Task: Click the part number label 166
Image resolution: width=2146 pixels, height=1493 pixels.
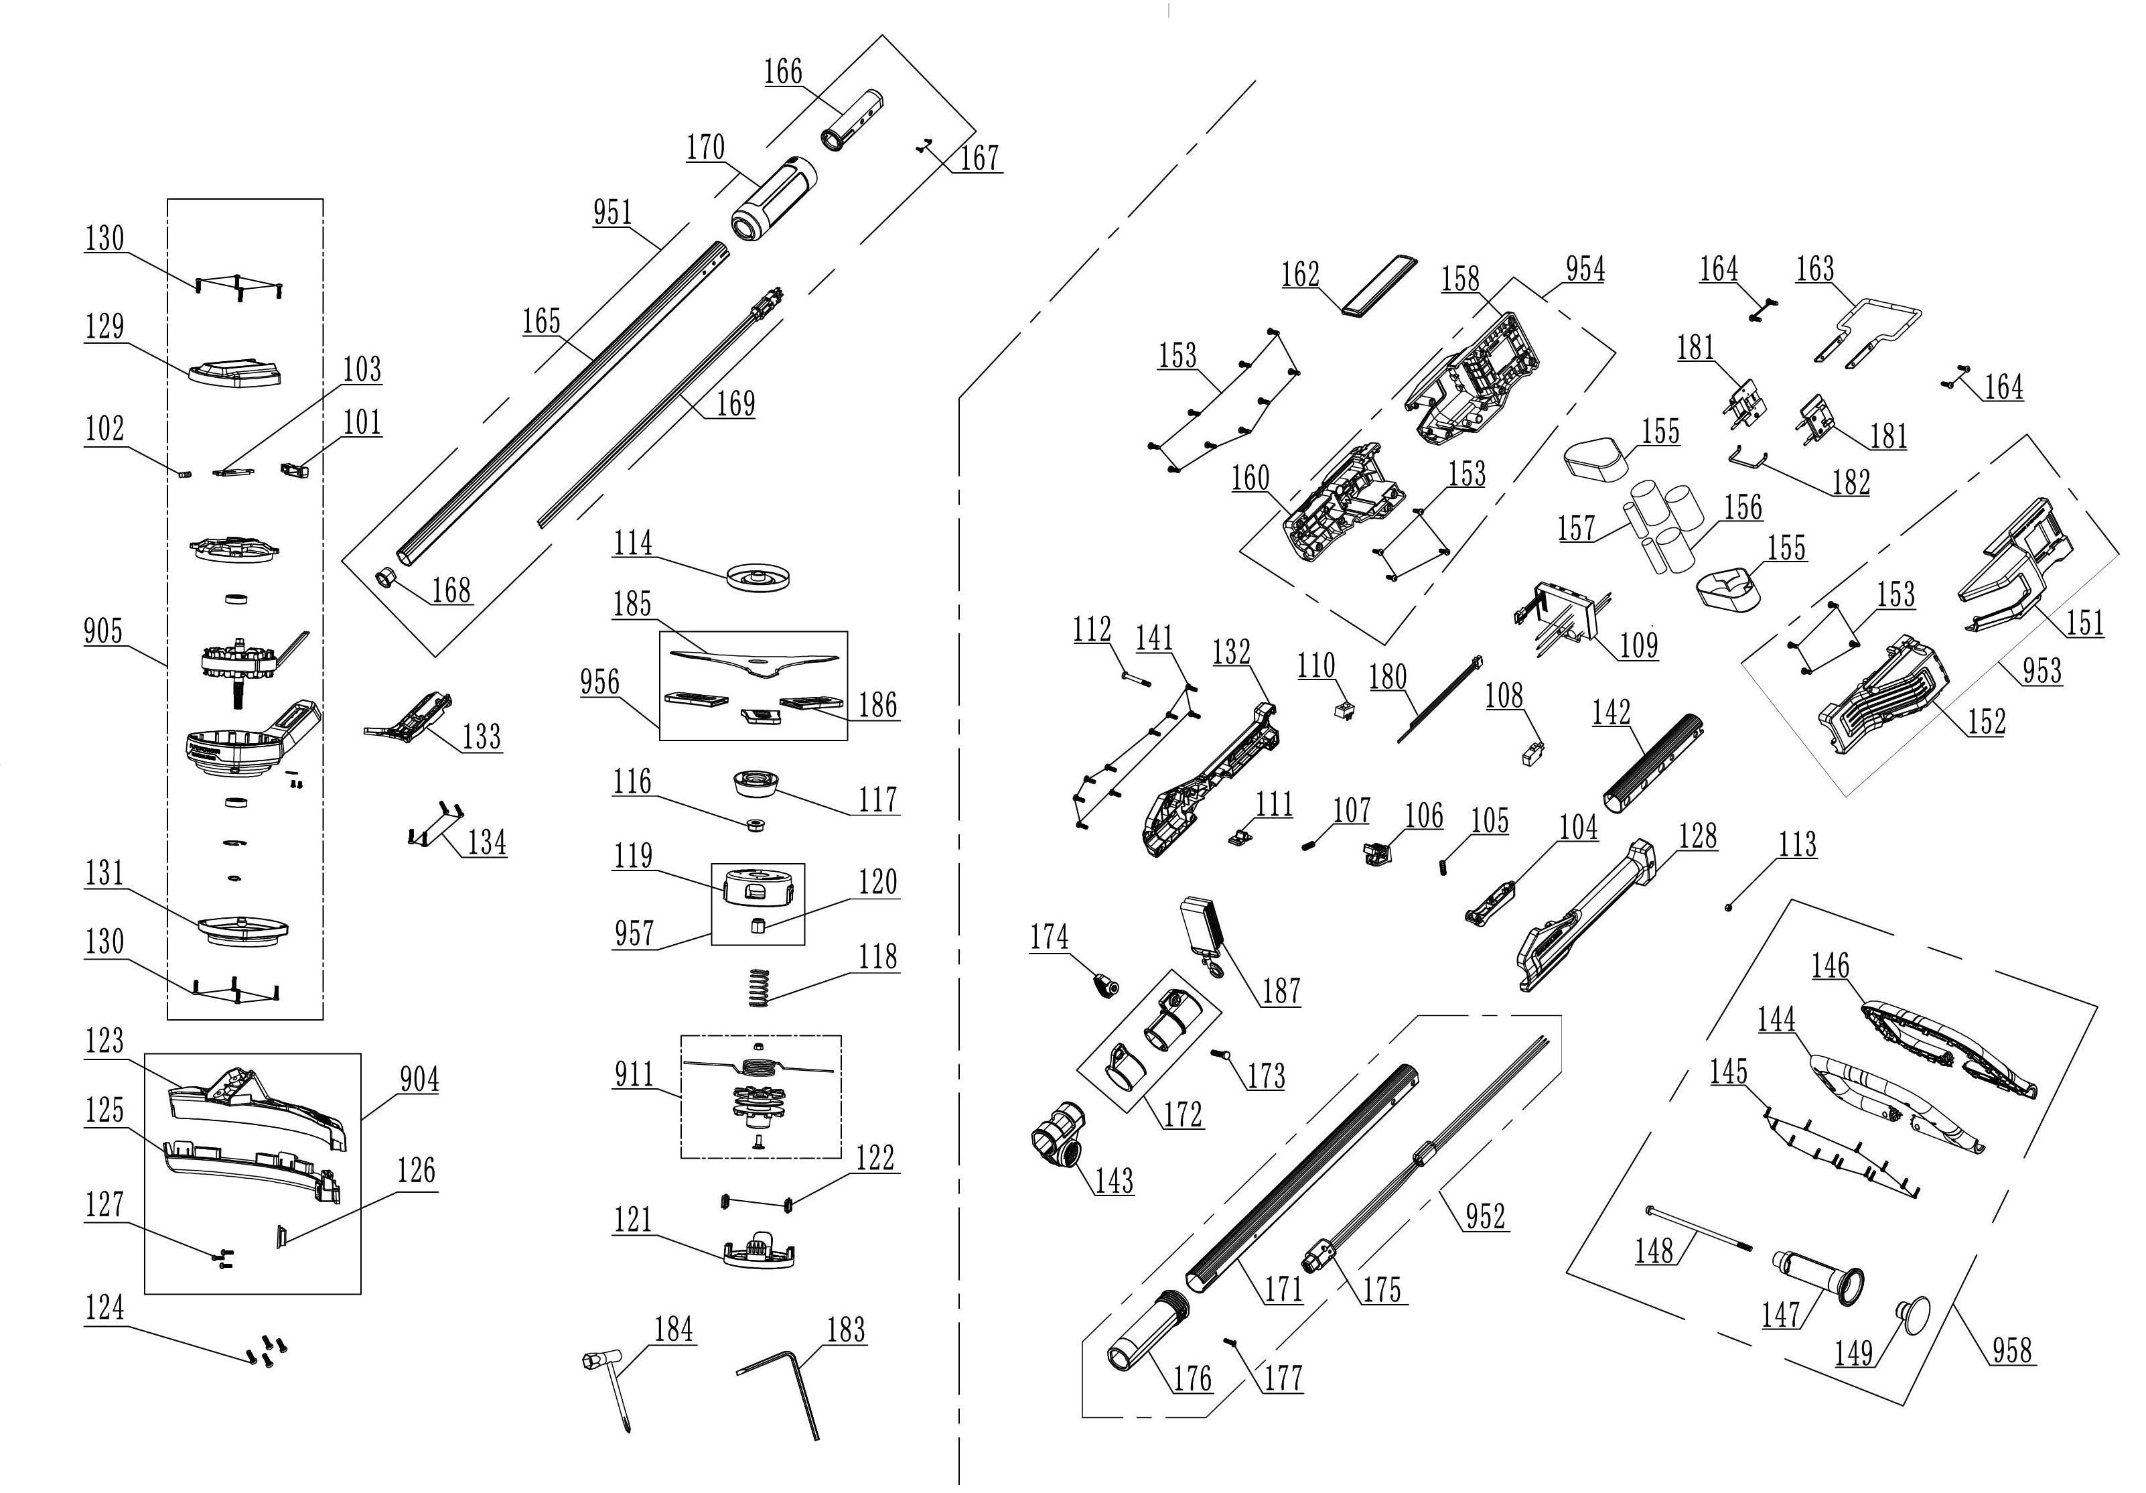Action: click(783, 72)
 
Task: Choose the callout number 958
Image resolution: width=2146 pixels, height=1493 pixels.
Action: click(2011, 1350)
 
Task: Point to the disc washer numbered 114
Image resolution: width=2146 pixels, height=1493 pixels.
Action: click(761, 577)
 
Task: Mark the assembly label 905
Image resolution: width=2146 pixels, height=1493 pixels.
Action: click(103, 631)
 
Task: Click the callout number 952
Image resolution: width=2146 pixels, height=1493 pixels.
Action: click(1485, 1216)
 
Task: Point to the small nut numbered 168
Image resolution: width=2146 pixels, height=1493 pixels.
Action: click(385, 578)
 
